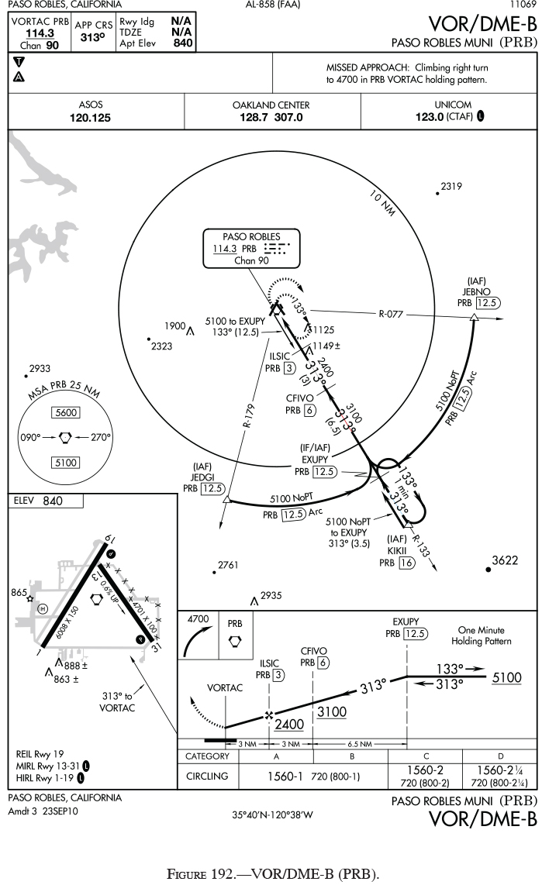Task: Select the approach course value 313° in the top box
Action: pyautogui.click(x=93, y=38)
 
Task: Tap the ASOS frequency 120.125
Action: pyautogui.click(x=90, y=119)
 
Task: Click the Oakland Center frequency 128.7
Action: pyautogui.click(x=254, y=119)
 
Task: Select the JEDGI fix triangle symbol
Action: pyautogui.click(x=226, y=501)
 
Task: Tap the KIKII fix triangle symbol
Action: pyautogui.click(x=408, y=526)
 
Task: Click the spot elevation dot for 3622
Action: pyautogui.click(x=488, y=570)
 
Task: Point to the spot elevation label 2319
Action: pyautogui.click(x=451, y=186)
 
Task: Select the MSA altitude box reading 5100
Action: pyautogui.click(x=65, y=463)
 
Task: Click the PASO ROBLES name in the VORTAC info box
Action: pyautogui.click(x=251, y=236)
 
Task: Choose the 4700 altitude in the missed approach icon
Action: pyautogui.click(x=200, y=620)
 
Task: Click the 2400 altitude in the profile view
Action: pyautogui.click(x=288, y=725)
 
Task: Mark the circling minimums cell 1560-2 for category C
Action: pyautogui.click(x=427, y=770)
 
